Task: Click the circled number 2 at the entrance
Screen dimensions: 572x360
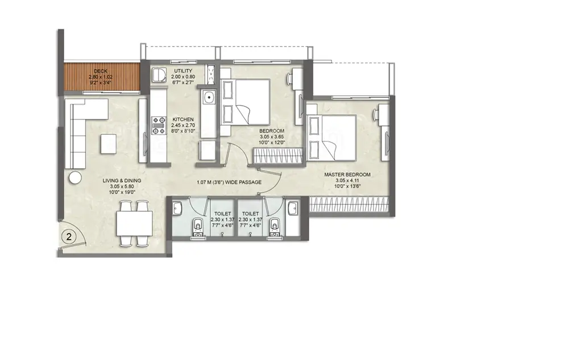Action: [69, 237]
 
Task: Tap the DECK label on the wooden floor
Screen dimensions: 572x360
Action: [101, 71]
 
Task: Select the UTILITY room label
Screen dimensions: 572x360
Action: [183, 71]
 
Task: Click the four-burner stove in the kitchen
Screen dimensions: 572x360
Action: [159, 125]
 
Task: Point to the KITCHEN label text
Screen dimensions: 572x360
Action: [183, 119]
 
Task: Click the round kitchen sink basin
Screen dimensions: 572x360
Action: [209, 97]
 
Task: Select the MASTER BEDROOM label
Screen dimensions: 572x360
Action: [347, 175]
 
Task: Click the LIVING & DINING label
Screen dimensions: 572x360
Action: [122, 180]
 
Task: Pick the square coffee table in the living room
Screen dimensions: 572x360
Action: [109, 144]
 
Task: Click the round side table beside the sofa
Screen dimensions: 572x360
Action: [76, 177]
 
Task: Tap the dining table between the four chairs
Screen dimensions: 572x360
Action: [134, 224]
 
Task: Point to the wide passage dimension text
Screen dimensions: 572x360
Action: [229, 182]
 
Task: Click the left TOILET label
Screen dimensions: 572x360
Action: [222, 214]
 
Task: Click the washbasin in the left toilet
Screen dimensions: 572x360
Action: [177, 209]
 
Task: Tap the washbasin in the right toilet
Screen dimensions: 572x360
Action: [293, 209]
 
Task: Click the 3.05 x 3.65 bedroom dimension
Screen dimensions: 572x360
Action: [272, 137]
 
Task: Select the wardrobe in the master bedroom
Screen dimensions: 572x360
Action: [348, 204]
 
